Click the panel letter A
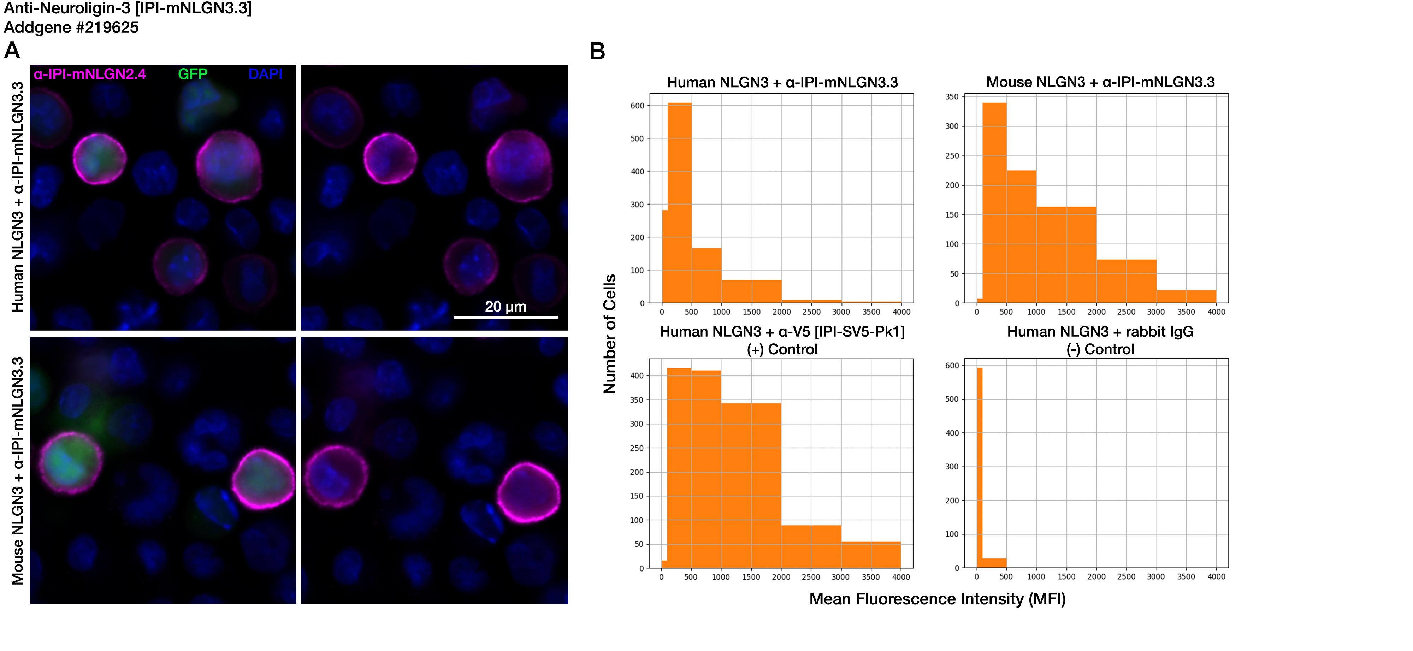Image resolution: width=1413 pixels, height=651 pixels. click(x=12, y=51)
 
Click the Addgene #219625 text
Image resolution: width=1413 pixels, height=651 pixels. click(x=71, y=28)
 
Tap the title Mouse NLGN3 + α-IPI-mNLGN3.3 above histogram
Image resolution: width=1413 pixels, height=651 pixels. click(x=1100, y=82)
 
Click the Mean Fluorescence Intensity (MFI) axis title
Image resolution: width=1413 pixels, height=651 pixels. click(x=938, y=599)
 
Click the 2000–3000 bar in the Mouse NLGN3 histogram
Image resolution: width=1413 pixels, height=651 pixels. click(x=1126, y=281)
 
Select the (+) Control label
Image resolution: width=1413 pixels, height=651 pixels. click(x=782, y=349)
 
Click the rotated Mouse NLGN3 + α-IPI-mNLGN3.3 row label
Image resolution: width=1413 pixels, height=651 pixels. click(x=18, y=471)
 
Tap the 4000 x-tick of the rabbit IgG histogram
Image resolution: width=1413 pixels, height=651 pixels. click(x=1216, y=577)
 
